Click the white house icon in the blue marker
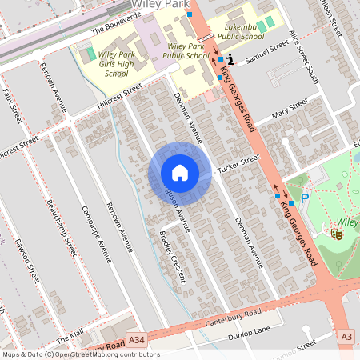tap(180, 173)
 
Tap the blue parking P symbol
tap(304, 198)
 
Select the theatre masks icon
tap(337, 234)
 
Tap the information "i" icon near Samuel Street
tap(230, 59)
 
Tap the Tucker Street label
tap(238, 163)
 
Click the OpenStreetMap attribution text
tap(80, 354)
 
